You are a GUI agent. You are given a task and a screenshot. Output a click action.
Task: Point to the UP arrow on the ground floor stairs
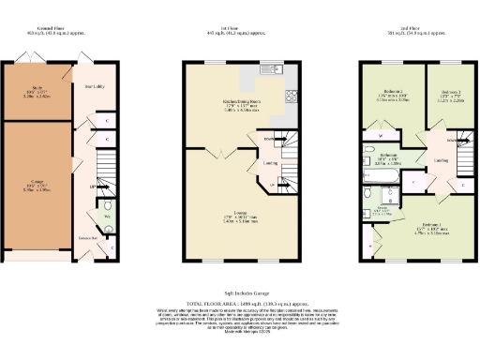point(94,187)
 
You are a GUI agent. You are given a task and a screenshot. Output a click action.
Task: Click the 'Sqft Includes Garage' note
point(240,294)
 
